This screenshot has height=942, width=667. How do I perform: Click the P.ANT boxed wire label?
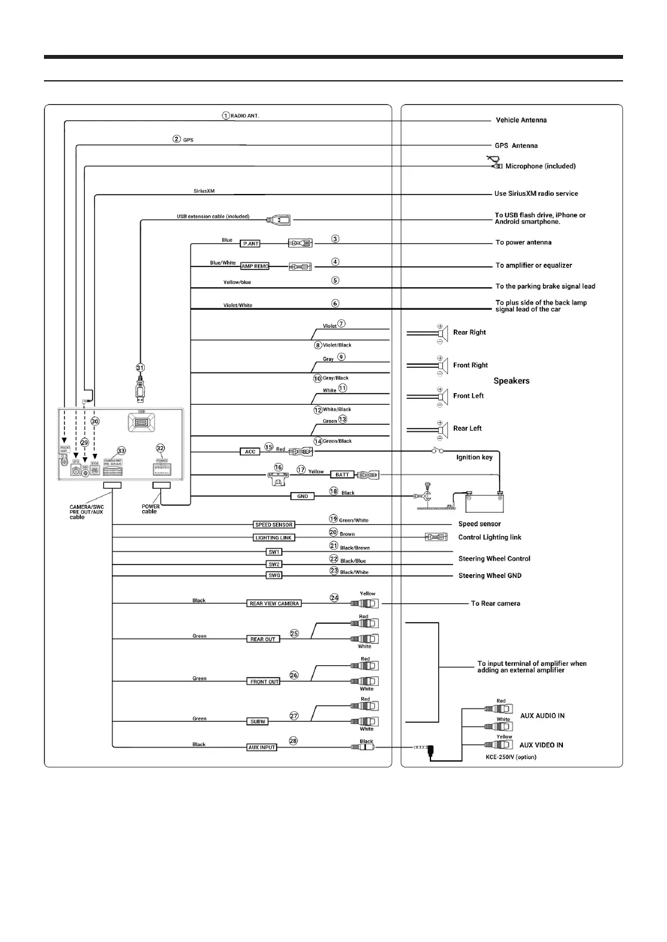tap(251, 244)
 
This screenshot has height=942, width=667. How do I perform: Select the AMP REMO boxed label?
tap(255, 266)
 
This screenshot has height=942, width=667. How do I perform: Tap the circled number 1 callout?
tap(226, 116)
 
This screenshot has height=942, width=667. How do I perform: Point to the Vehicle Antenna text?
tap(521, 120)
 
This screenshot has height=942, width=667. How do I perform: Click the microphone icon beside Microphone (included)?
tap(494, 162)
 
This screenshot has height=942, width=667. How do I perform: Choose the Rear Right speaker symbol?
tap(442, 332)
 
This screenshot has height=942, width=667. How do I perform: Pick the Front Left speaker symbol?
tap(442, 396)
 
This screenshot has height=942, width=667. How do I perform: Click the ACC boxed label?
tap(250, 452)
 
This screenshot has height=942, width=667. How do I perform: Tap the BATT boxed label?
tap(342, 475)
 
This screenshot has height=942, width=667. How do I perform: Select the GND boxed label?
tap(302, 497)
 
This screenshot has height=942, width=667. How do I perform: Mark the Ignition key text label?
tap(474, 458)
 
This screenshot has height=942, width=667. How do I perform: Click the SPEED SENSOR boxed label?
tap(274, 525)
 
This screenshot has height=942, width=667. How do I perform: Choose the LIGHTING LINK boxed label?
tap(274, 538)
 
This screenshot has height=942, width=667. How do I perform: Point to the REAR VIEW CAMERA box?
tap(274, 604)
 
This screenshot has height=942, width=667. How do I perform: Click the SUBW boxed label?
tap(258, 722)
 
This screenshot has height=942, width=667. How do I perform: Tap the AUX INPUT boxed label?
tap(262, 747)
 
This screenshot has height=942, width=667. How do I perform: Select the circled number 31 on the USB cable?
tap(140, 368)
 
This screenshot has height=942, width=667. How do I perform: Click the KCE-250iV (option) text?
tap(511, 757)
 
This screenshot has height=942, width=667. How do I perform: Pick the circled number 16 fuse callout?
tap(279, 467)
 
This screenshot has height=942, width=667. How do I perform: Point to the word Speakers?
tap(511, 381)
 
